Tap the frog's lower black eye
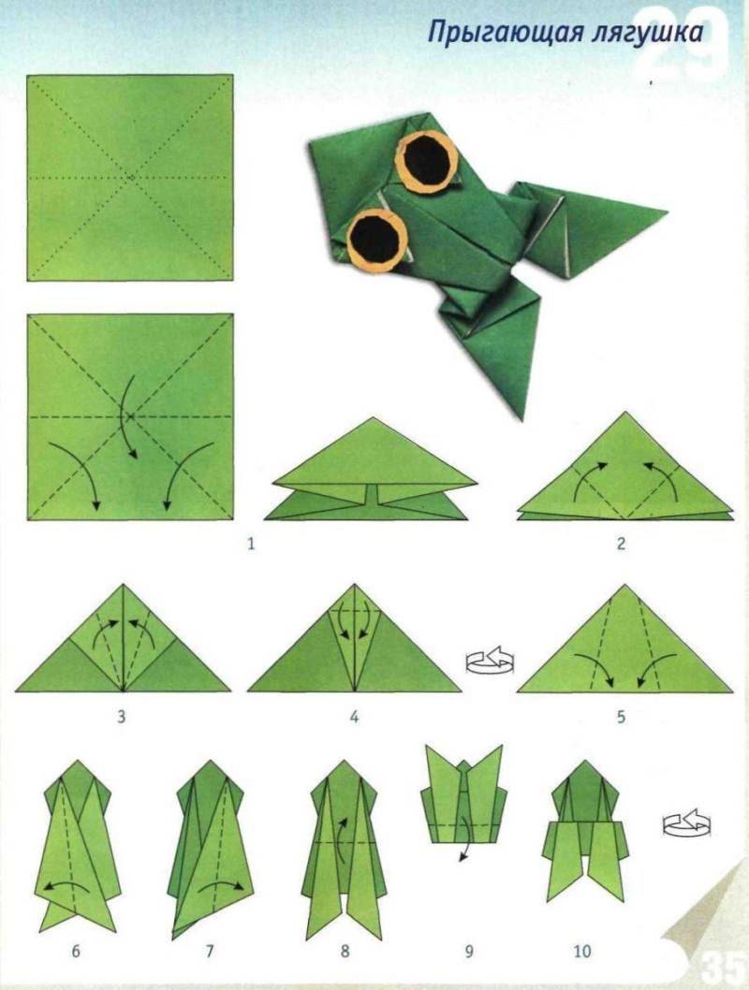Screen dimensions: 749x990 pos(375,239)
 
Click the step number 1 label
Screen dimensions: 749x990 pos(251,543)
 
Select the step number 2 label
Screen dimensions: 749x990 pos(621,543)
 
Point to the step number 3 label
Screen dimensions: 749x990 pos(122,717)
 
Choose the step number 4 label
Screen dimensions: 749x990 pos(354,717)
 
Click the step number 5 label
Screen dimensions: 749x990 pos(621,717)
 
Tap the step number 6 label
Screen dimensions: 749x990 pos(76,951)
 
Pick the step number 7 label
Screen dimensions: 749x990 pos(211,951)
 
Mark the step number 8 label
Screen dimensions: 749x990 pos(345,951)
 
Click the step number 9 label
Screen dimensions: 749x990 pos(469,951)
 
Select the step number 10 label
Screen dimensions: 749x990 pos(582,951)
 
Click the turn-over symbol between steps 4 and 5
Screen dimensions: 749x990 pos(490,661)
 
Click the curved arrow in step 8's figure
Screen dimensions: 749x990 pos(343,835)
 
